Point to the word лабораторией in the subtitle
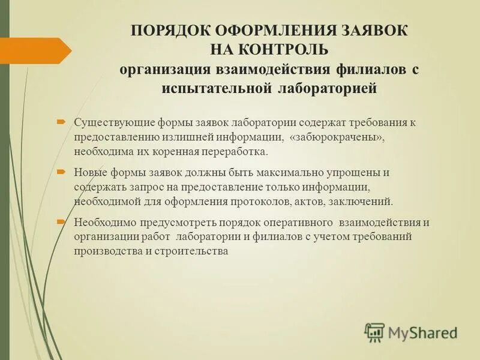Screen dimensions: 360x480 click(x=328, y=89)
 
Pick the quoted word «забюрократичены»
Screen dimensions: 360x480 click(x=336, y=137)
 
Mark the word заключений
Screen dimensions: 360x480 click(x=362, y=202)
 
